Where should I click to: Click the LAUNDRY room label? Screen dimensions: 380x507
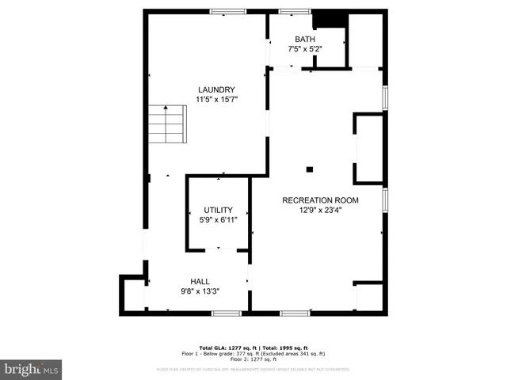216,89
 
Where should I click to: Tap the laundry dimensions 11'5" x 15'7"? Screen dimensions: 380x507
216,99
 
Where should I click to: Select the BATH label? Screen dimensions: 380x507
305,40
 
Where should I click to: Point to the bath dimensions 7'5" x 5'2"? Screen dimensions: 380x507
305,49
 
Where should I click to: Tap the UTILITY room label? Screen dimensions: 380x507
218,210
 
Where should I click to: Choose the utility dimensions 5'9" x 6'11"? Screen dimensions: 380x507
218,219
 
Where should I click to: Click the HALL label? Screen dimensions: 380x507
200,281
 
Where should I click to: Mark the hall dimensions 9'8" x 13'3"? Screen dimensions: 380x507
200,291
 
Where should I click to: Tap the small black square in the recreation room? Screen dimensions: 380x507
310,169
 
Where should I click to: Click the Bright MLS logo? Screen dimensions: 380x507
31,370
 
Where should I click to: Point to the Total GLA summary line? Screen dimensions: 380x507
253,348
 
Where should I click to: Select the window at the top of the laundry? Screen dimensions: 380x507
227,11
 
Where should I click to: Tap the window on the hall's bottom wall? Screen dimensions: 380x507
226,313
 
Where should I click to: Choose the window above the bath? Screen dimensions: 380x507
294,11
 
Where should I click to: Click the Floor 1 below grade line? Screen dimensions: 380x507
253,353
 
